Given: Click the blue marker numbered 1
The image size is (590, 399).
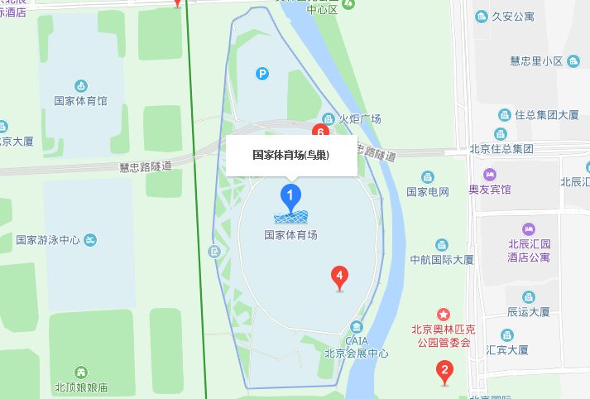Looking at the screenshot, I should (x=290, y=197).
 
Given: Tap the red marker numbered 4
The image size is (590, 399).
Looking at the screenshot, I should (x=338, y=276).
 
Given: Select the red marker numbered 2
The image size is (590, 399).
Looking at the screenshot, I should (x=444, y=373).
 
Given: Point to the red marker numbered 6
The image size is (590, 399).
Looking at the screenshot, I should (x=319, y=132).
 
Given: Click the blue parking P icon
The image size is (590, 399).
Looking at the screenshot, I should (x=261, y=75).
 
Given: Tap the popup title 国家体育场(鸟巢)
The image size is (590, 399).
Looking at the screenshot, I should (x=290, y=155).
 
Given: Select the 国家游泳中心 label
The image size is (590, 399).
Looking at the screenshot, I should (x=48, y=240).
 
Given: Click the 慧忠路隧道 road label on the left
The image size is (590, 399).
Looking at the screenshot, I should (x=146, y=166).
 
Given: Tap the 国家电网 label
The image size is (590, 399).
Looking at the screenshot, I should (x=427, y=192).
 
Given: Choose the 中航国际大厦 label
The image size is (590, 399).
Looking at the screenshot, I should (x=442, y=260).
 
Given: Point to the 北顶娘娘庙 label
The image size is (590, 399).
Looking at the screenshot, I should (x=81, y=387).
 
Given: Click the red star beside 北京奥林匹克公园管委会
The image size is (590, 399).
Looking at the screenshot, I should (x=444, y=315).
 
